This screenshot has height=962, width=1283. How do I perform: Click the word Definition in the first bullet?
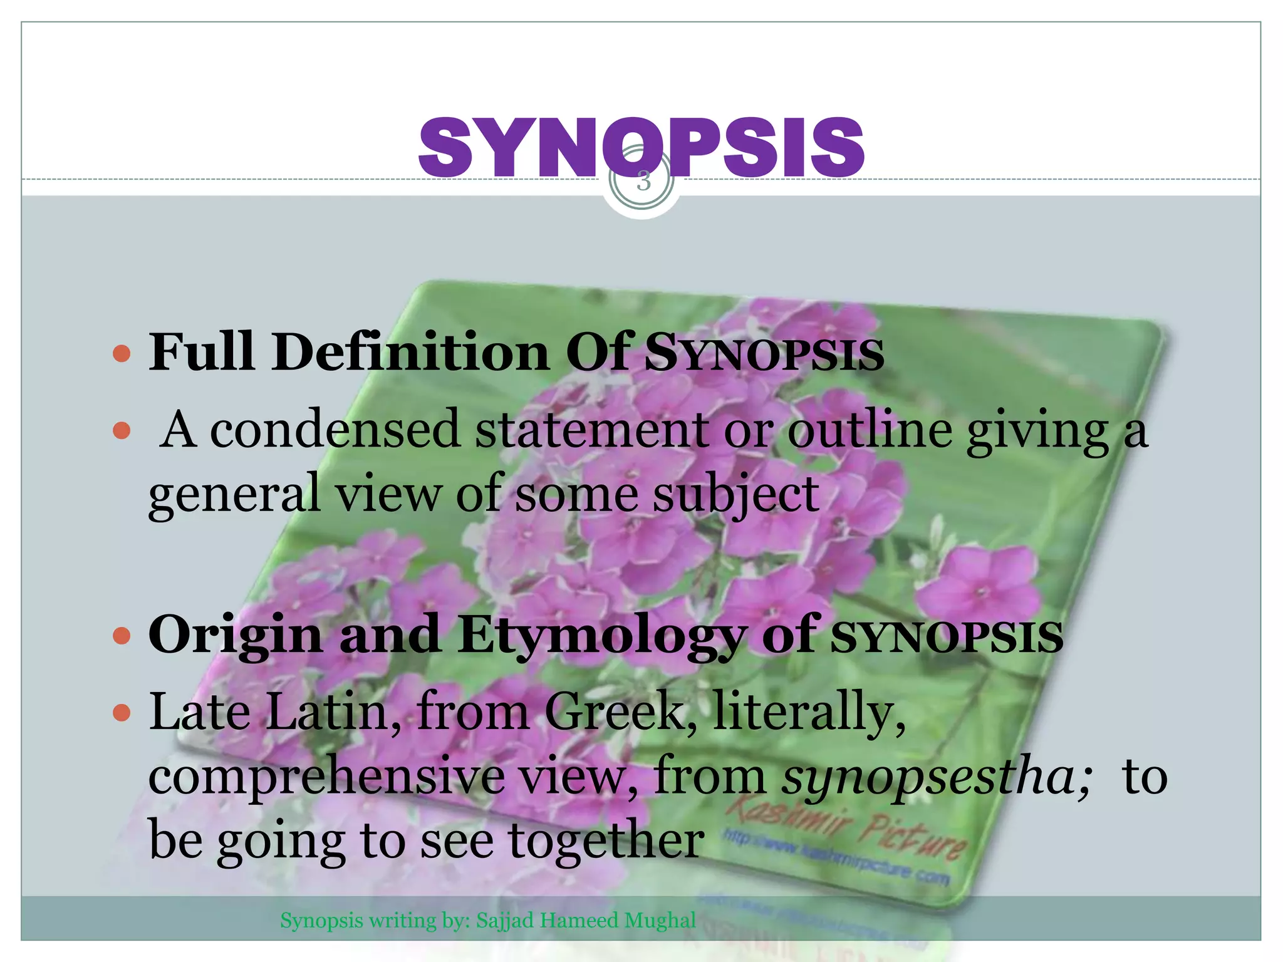pyautogui.click(x=411, y=353)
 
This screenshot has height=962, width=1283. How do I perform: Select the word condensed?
pyautogui.click(x=335, y=430)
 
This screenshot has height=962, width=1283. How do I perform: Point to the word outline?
pyautogui.click(x=870, y=430)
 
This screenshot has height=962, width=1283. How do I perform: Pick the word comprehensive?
pyautogui.click(x=326, y=777)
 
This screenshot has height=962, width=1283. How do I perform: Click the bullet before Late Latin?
pyautogui.click(x=122, y=713)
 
